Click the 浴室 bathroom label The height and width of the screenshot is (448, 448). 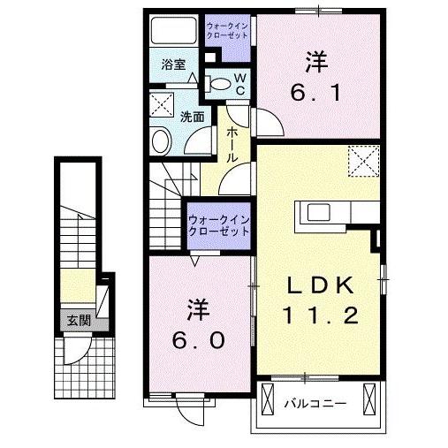(173, 65)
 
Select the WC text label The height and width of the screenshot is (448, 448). (240, 84)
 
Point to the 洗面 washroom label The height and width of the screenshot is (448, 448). (193, 117)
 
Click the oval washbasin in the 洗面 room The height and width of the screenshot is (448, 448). (161, 140)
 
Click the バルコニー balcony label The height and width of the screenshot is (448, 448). (315, 404)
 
